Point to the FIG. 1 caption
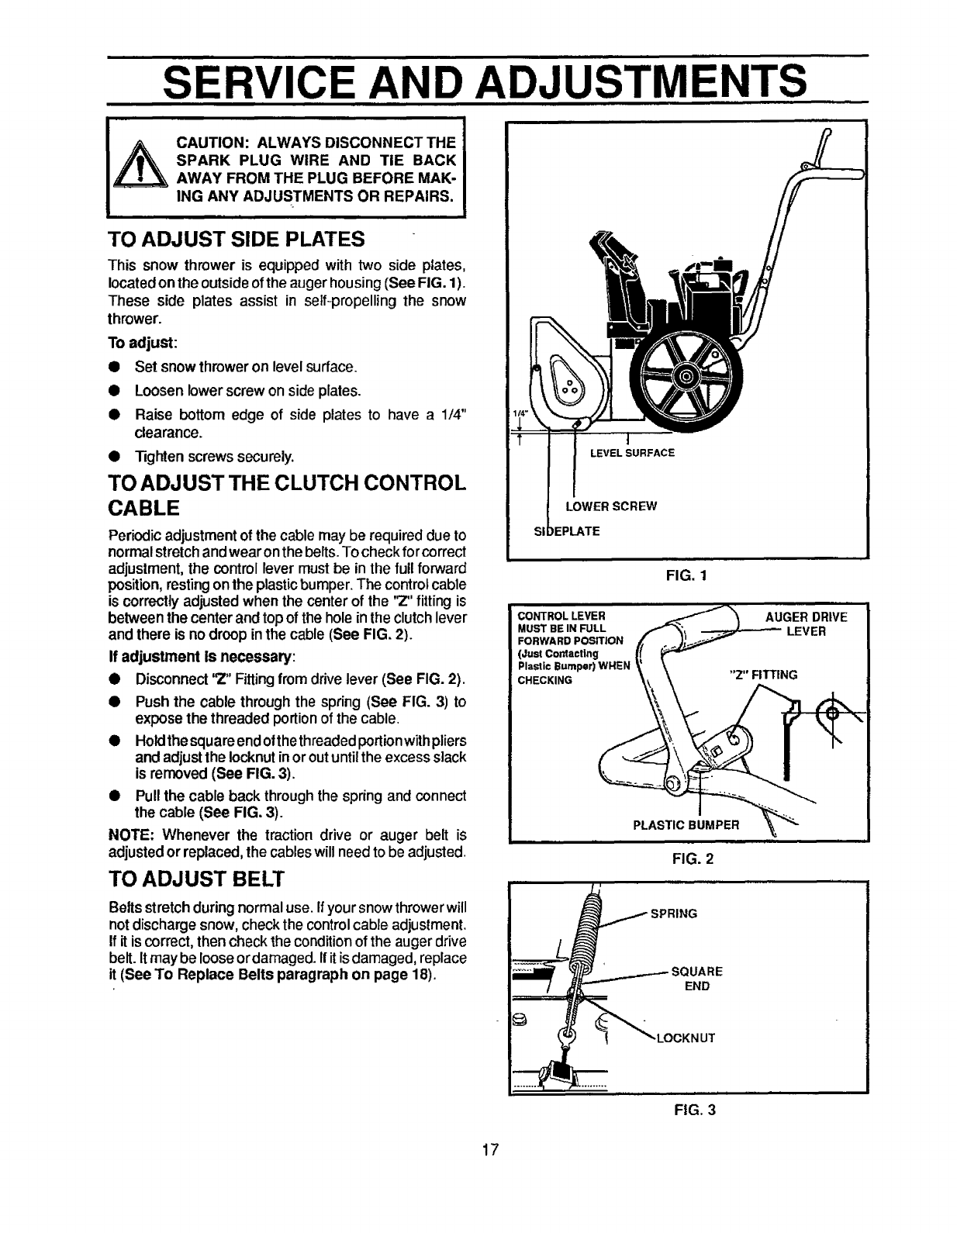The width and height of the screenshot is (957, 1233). point(686,576)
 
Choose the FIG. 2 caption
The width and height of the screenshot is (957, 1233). point(686,859)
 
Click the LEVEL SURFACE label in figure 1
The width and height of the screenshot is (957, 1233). point(632,453)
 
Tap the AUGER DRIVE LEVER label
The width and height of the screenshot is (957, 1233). point(806,623)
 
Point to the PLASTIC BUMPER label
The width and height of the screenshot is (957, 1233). point(686,824)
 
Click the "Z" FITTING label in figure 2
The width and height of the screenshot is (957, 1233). point(765,675)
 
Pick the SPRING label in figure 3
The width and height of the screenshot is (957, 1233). point(673,914)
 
